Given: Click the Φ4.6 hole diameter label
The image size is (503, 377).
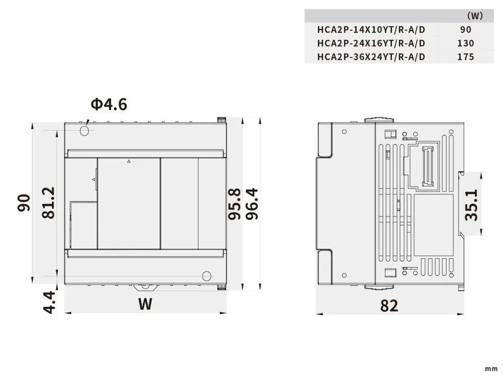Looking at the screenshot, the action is [109, 104].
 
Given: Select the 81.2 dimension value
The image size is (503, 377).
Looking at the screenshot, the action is [49, 203].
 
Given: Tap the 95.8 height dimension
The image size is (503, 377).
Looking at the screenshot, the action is [234, 204].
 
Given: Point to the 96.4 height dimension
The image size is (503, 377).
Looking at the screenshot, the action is [251, 204].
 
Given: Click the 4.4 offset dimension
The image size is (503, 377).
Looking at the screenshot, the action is [50, 302].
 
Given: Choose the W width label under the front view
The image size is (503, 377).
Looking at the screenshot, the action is [145, 304].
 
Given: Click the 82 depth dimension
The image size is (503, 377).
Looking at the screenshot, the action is [389, 306].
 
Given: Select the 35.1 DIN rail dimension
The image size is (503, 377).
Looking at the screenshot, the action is [472, 205].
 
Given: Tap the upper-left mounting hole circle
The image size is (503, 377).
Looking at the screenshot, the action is [84, 131].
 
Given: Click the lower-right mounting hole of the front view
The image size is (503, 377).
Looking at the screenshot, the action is [207, 276].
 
